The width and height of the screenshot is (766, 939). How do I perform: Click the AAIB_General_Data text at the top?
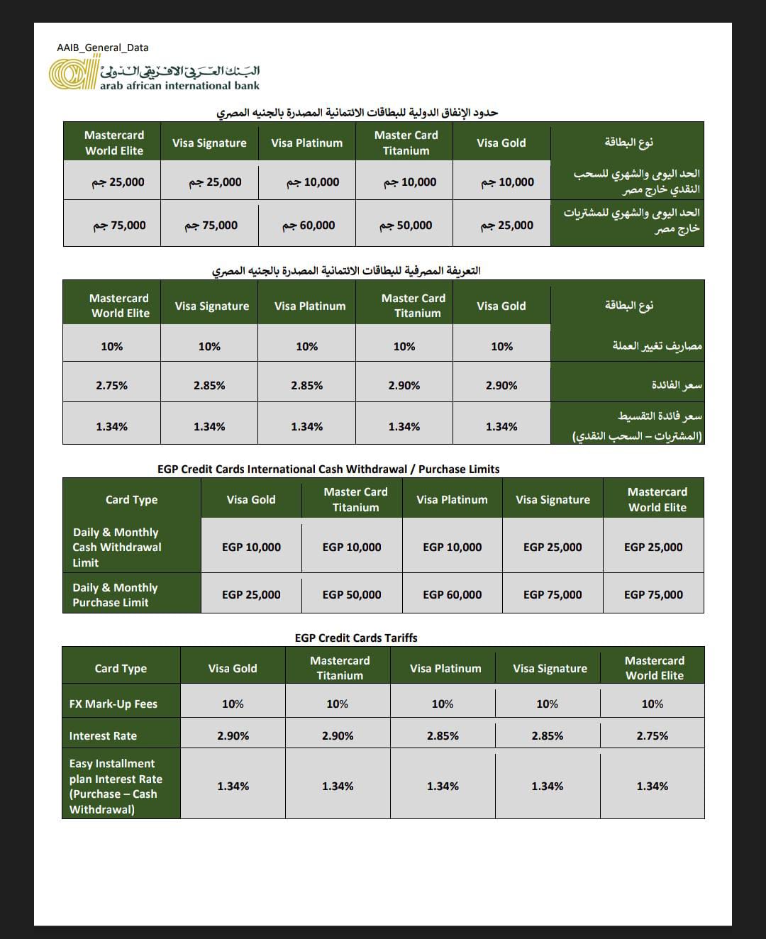(x=103, y=48)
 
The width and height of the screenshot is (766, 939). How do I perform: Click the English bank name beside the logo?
(x=179, y=86)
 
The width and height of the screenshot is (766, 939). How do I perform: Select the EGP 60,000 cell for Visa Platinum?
(x=452, y=594)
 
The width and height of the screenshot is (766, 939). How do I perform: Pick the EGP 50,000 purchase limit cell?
(x=352, y=594)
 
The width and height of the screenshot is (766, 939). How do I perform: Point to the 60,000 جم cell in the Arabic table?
(x=309, y=225)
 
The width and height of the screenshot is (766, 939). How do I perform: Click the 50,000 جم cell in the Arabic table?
(x=406, y=225)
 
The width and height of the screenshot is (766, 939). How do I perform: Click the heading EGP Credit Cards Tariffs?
(x=356, y=638)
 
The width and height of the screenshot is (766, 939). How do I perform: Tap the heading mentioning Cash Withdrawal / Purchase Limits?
(x=328, y=469)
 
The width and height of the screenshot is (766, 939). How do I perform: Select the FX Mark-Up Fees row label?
(x=113, y=704)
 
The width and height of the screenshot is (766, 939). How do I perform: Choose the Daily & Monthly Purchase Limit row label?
(x=115, y=595)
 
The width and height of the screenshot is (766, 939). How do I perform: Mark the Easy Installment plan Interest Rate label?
(x=116, y=786)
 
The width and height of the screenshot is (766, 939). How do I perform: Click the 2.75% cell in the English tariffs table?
(x=652, y=735)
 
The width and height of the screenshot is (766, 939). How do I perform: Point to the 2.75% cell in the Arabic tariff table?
(x=112, y=385)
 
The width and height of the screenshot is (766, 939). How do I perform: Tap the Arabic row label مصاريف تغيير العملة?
(x=657, y=345)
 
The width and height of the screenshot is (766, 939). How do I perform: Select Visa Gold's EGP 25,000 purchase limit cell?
(x=251, y=594)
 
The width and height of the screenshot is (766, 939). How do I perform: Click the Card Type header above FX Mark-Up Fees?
(x=121, y=668)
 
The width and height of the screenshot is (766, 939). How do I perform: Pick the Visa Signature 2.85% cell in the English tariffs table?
(x=548, y=735)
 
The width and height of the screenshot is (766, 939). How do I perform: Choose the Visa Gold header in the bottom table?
(x=233, y=668)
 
